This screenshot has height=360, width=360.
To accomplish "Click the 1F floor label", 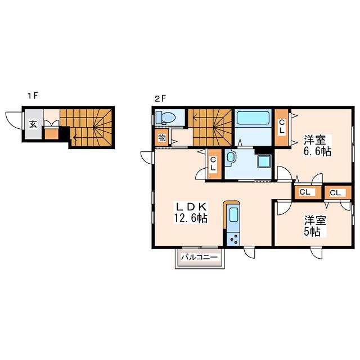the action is pos(33,96).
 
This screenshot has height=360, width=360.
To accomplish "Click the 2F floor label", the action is pos(160,99).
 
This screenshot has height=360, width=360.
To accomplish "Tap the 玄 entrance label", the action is pos(33,124).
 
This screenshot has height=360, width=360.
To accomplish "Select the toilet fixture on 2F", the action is pos(165,118).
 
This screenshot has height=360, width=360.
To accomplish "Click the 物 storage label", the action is pos(162,138).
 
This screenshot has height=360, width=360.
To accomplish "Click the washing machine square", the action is pos(264,161).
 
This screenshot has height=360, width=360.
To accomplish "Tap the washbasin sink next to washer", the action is pos(229,157).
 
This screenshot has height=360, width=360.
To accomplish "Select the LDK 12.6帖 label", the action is pos(191,213).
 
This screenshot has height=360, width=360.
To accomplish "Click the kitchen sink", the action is pos(233,214).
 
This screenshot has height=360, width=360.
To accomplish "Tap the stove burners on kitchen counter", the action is pos(233,239).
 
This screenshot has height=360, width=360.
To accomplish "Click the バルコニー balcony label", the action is pos(199,257).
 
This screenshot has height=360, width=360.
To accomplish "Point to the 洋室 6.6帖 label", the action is pos(317,146).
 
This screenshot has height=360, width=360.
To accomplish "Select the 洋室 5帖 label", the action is pos(315,226).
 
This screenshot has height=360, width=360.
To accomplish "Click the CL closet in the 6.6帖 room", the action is pos(282,127).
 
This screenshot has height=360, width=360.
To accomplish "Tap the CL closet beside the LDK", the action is pos(214,164).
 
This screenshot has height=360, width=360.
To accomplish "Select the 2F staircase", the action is pos(211,128).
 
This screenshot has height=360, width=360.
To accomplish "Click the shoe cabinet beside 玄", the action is pos(51,134).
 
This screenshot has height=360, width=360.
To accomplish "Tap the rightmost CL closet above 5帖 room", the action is pos(337,192).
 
